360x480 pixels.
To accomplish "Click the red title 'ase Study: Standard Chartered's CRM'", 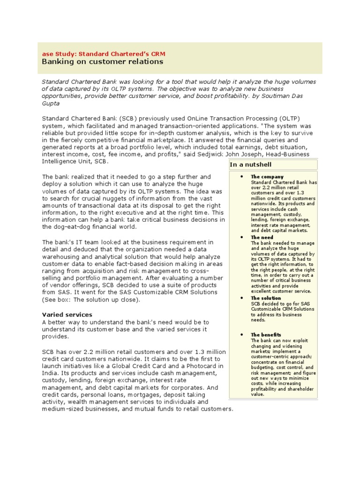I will click(x=104, y=54).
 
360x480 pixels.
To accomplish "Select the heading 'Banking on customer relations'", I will click(x=103, y=62).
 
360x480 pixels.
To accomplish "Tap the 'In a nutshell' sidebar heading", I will click(x=251, y=165).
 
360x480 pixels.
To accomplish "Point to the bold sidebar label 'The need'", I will click(x=262, y=238).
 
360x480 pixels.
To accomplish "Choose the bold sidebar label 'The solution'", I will click(x=266, y=298).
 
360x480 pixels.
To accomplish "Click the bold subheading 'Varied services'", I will click(x=67, y=315).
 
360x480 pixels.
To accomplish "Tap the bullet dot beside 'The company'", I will click(x=240, y=177).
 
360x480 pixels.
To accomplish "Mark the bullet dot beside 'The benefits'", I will click(x=240, y=335).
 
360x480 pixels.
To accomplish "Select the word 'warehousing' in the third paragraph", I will click(x=65, y=257).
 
